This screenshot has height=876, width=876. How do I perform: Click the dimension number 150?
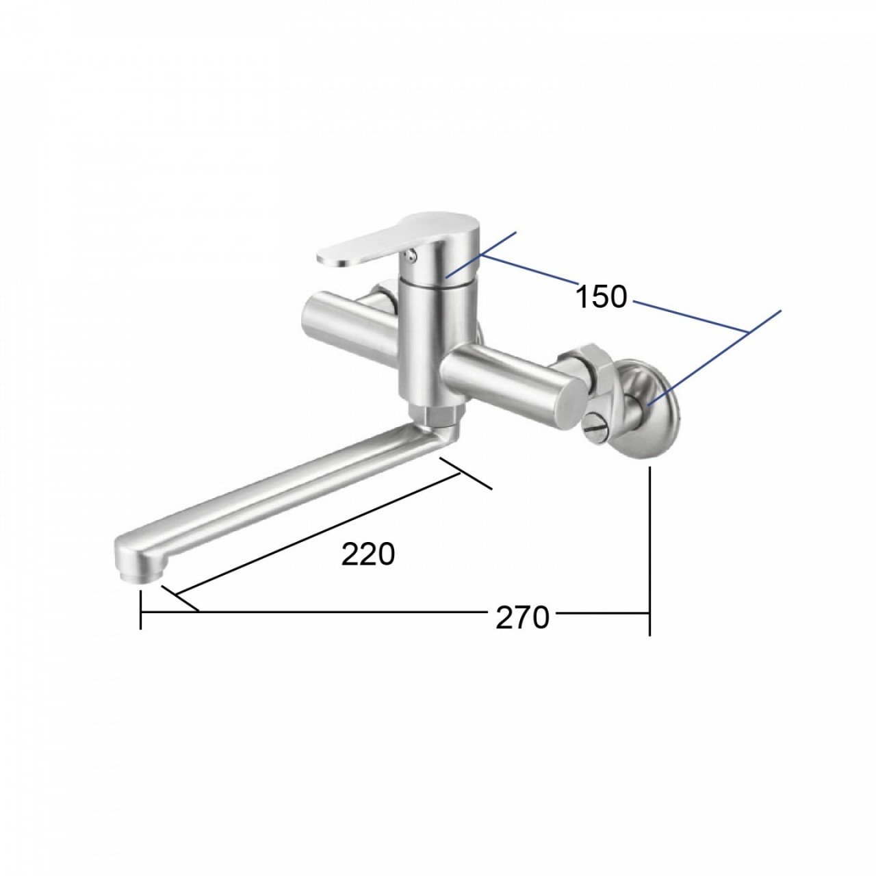pos(602,296)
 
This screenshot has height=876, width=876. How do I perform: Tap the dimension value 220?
pos(368,554)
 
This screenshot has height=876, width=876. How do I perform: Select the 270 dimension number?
pos(522,618)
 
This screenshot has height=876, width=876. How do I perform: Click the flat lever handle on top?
pos(391,240)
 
